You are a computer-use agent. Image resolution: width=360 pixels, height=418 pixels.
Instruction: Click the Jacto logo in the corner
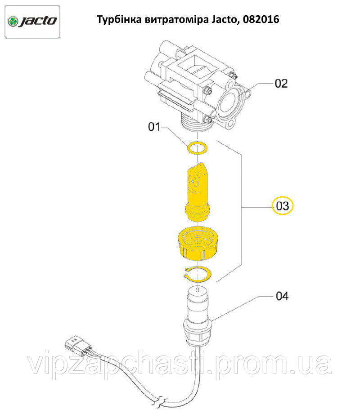[x=32, y=22]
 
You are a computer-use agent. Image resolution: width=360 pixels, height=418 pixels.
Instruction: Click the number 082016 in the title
[x=261, y=19]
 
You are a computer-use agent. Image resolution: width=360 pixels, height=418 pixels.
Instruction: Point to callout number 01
[x=154, y=127]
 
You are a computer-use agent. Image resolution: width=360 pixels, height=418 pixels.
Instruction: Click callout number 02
[x=281, y=84]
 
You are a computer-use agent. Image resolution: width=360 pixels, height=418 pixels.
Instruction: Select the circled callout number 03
[x=282, y=206]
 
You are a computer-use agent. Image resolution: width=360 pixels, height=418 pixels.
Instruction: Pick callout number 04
[x=282, y=296]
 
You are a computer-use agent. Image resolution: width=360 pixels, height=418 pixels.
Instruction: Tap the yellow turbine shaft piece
[x=198, y=192]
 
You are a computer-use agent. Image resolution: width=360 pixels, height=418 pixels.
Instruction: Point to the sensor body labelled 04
[x=198, y=316]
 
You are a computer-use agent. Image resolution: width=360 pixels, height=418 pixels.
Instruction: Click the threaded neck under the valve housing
[x=197, y=123]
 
